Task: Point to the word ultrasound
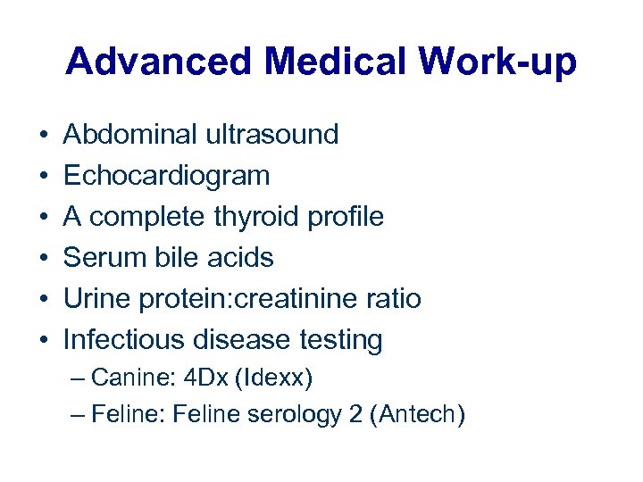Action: click(272, 136)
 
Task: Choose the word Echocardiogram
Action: click(166, 176)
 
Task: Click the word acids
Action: click(239, 258)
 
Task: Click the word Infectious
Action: click(123, 340)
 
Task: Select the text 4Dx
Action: click(206, 378)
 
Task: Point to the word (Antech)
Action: click(422, 415)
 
